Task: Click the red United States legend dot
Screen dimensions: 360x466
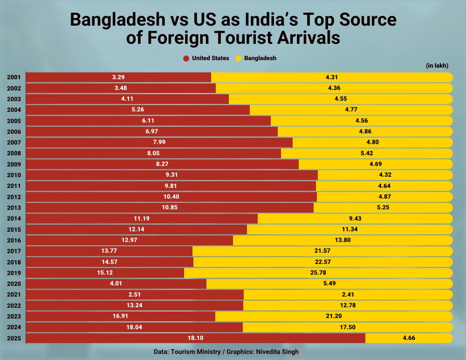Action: pos(185,58)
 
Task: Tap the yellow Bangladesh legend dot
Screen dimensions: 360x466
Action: pos(238,58)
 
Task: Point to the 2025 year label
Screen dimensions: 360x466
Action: pos(14,338)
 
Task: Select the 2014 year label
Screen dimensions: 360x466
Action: pos(14,218)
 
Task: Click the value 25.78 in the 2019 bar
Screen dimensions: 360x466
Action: pos(318,272)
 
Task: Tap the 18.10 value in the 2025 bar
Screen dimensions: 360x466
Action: pos(196,338)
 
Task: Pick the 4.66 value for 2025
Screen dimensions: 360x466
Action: pos(409,338)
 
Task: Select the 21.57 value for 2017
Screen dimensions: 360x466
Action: pos(322,251)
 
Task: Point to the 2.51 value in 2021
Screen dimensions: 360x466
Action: pos(135,294)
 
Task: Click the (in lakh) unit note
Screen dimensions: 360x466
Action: pos(437,66)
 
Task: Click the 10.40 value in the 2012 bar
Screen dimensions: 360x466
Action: pos(171,197)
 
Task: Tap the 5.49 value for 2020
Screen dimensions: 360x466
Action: pos(329,284)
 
